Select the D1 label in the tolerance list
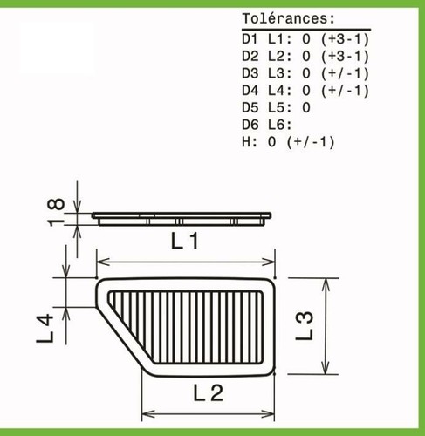250,39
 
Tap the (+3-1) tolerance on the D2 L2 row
346,57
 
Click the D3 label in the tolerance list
250,73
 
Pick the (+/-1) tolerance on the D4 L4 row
346,91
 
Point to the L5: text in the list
279,108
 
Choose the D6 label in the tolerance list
250,125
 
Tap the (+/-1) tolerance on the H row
311,142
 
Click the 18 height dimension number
56,212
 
